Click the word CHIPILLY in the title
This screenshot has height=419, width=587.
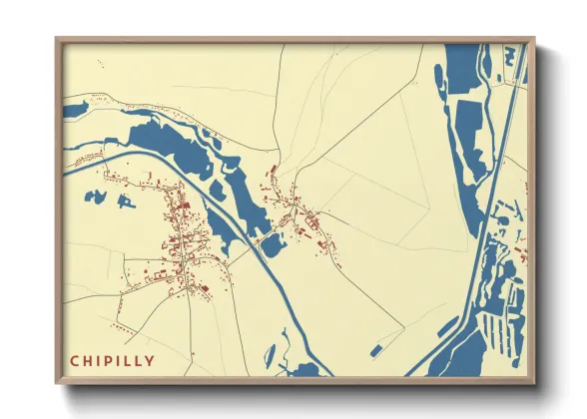point(112,360)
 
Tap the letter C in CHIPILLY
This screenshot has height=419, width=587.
point(74,360)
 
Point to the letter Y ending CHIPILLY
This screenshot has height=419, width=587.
point(151,360)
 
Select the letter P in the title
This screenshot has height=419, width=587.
point(106,360)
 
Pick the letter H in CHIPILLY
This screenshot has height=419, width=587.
point(87,360)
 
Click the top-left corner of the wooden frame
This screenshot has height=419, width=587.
point(57,40)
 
